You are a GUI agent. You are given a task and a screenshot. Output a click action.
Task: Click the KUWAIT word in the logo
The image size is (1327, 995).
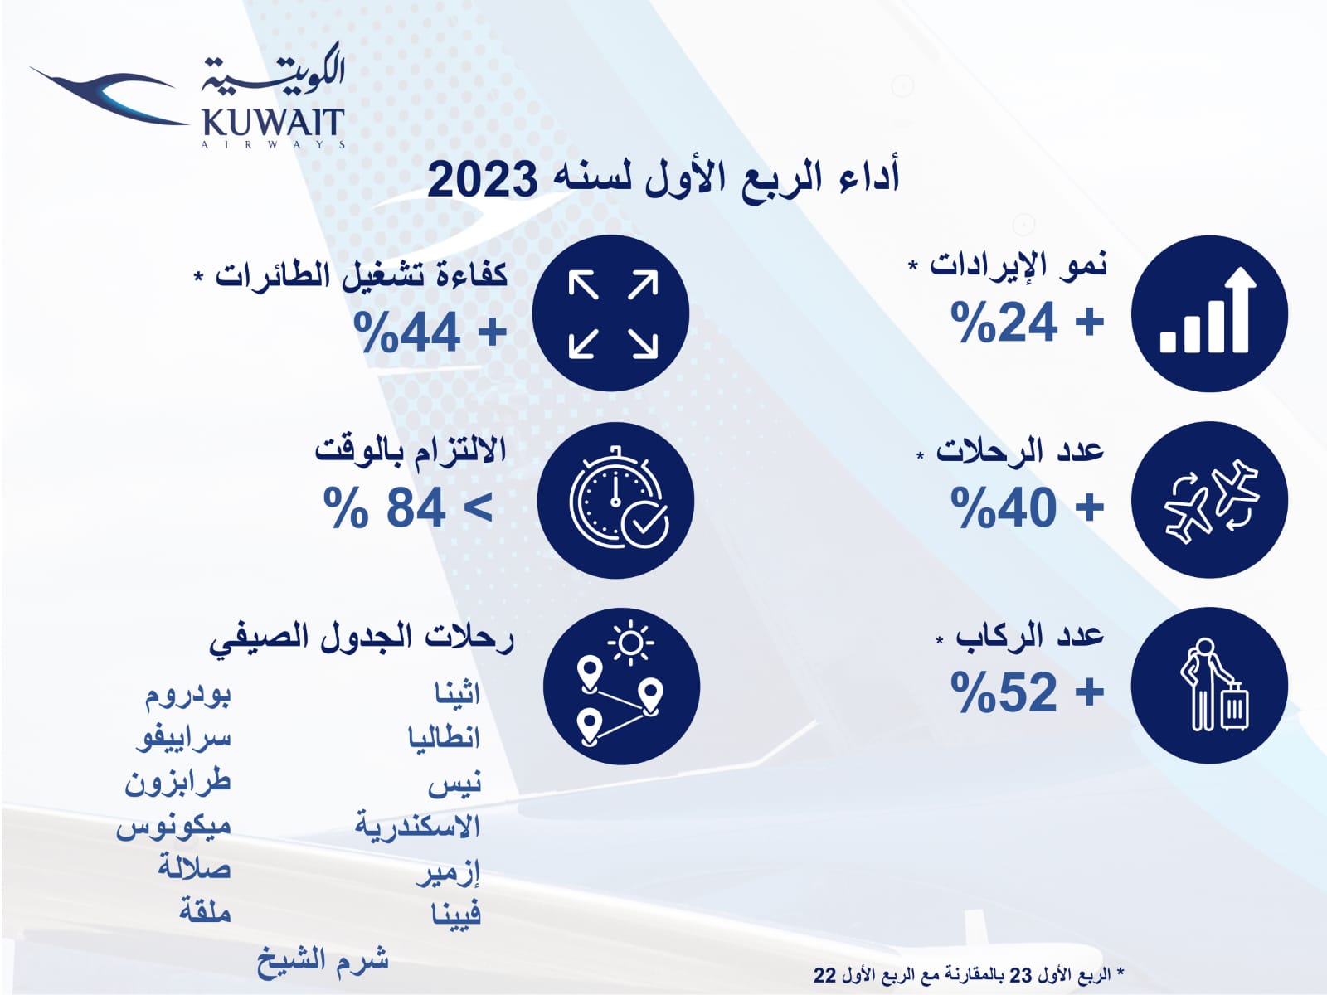point(272,123)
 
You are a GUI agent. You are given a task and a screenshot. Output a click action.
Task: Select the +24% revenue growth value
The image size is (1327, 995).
point(1027,322)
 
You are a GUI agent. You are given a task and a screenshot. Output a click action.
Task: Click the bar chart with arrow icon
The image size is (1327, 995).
point(1208,313)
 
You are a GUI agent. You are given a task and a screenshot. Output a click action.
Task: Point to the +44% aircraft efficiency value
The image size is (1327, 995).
point(430,332)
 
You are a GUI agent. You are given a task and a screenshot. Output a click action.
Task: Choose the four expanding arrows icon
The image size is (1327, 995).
point(611,313)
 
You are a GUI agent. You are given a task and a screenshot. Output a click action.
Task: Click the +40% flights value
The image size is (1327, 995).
point(1027,507)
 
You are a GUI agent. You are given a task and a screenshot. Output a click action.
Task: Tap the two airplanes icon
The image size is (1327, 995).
point(1208,500)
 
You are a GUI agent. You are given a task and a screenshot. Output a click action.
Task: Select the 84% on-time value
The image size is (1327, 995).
point(408,507)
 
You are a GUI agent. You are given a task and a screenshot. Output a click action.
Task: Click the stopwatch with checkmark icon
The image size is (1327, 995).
point(615,500)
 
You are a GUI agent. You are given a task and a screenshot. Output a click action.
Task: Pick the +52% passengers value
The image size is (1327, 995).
point(1027,692)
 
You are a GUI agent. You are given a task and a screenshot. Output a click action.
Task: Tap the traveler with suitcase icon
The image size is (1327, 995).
point(1208,686)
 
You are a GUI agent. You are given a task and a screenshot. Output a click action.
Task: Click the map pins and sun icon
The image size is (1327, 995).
point(621,686)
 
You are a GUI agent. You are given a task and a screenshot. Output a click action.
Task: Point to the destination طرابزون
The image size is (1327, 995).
point(177,782)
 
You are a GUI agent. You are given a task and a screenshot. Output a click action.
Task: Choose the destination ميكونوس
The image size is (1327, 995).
point(173,826)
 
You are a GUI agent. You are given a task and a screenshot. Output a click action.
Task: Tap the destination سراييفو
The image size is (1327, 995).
point(182,737)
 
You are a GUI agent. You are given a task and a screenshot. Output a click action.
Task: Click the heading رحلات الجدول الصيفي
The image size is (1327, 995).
point(362,638)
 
